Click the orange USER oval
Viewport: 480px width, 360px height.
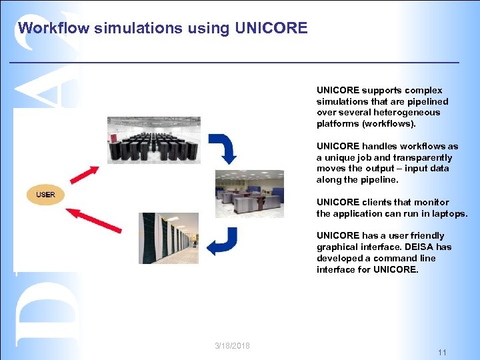[x=45, y=195]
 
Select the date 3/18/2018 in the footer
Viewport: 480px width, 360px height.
[x=233, y=345]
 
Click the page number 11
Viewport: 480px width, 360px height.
[x=442, y=352]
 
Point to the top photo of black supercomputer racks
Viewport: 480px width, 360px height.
[x=153, y=140]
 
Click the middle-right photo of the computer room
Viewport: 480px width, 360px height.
[x=249, y=193]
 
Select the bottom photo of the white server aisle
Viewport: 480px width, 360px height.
[x=168, y=238]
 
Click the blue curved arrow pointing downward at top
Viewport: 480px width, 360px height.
[x=223, y=149]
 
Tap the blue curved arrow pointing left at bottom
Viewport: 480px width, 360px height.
[x=222, y=241]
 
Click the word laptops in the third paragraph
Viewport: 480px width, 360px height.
[x=451, y=214]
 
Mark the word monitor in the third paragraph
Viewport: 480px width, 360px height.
[x=432, y=203]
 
